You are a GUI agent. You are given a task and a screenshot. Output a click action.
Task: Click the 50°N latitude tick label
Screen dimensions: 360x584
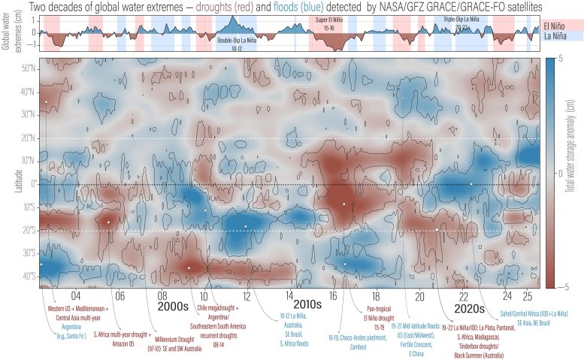29,68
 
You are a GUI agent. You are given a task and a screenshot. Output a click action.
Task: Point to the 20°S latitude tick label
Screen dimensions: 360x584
29,231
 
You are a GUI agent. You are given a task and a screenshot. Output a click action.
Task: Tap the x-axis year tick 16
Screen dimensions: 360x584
332,295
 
